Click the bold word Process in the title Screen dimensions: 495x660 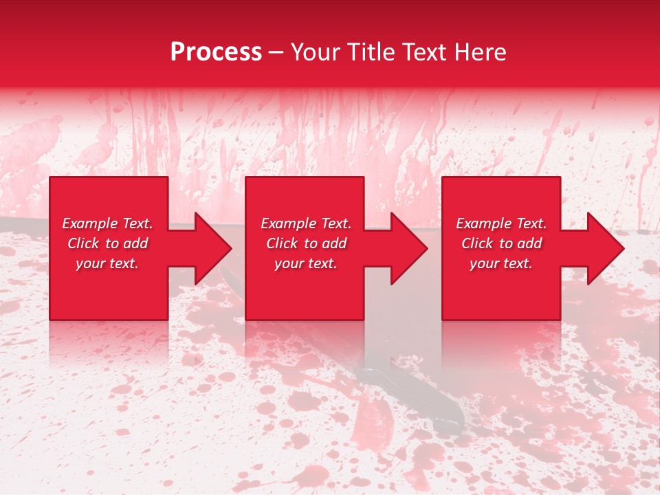tap(216, 52)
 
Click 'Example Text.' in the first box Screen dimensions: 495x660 tap(107, 223)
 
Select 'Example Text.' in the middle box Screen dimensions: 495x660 tap(306, 223)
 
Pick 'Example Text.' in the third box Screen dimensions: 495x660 tap(501, 223)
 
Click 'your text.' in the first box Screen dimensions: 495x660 tap(107, 263)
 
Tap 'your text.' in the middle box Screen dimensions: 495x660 tap(306, 263)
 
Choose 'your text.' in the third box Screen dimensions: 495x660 tap(501, 263)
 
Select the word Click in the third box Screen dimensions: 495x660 tap(478, 243)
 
